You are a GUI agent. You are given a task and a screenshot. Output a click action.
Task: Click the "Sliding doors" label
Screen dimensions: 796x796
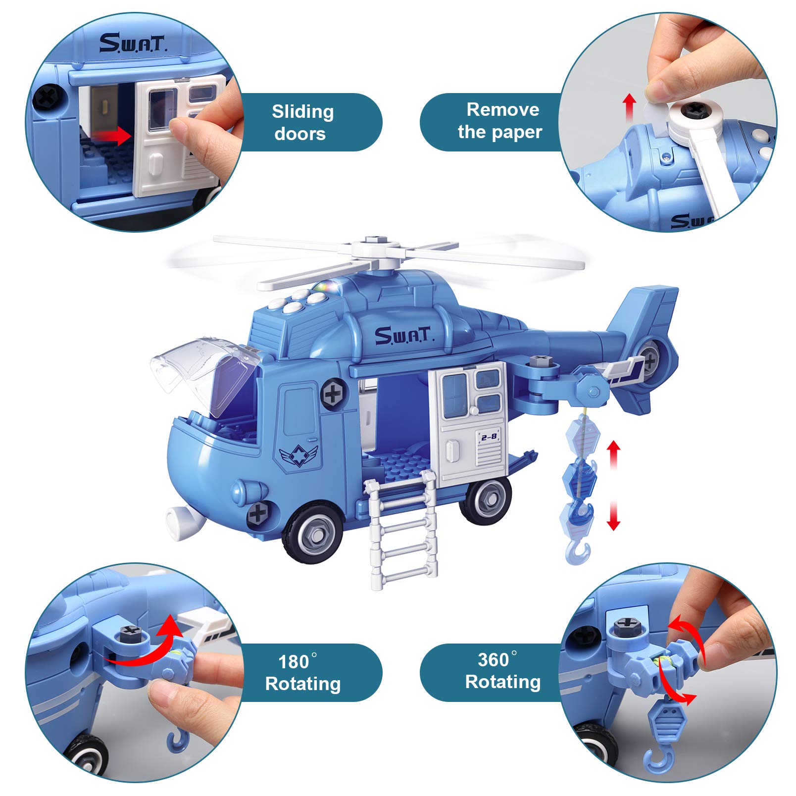click(x=303, y=122)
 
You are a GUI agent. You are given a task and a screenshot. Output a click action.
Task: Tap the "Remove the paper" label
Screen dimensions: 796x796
click(x=501, y=121)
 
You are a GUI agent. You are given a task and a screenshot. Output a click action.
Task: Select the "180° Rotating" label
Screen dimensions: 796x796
click(x=303, y=673)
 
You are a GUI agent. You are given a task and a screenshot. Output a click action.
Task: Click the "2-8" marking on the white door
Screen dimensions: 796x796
click(x=489, y=436)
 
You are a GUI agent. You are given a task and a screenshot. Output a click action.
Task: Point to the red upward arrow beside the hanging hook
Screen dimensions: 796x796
click(x=613, y=456)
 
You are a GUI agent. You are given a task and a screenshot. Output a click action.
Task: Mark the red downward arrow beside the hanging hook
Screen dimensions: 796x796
click(x=614, y=515)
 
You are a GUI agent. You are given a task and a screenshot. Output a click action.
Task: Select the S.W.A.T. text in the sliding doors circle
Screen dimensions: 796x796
click(x=133, y=43)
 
